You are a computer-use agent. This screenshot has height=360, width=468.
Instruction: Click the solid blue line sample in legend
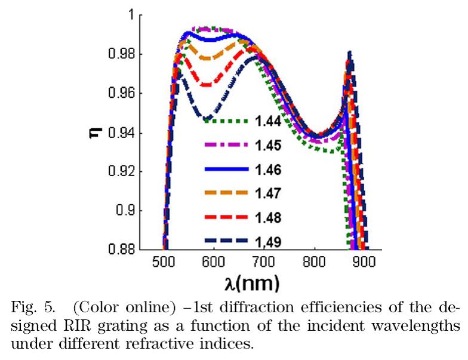click(x=226, y=170)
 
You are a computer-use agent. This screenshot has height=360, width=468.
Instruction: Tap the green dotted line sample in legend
click(x=226, y=121)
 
